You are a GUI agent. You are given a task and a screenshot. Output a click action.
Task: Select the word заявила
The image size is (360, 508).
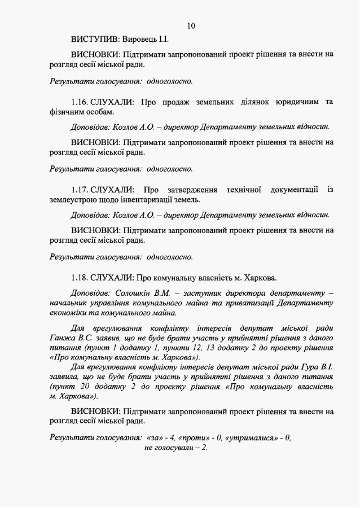[x=67, y=378]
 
